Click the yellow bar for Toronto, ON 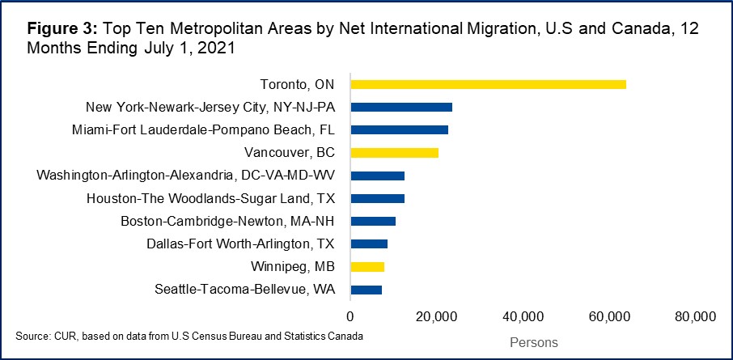pos(488,84)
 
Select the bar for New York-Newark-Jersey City pos(401,107)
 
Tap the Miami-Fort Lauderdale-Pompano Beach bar pos(399,129)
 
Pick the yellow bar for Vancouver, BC pos(394,152)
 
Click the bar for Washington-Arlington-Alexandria pos(377,176)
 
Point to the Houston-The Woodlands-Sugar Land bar pos(377,198)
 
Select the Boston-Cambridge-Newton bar pos(373,221)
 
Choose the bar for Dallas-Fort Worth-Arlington pos(369,244)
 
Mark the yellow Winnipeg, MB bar pos(367,266)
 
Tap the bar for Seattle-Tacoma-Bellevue pos(366,289)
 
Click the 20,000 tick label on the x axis pos(436,316)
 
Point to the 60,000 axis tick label pos(608,316)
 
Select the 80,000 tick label pos(694,316)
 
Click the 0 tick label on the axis pos(350,316)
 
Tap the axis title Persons pos(534,343)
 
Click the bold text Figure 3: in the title pos(61,29)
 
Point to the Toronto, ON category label pos(298,84)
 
